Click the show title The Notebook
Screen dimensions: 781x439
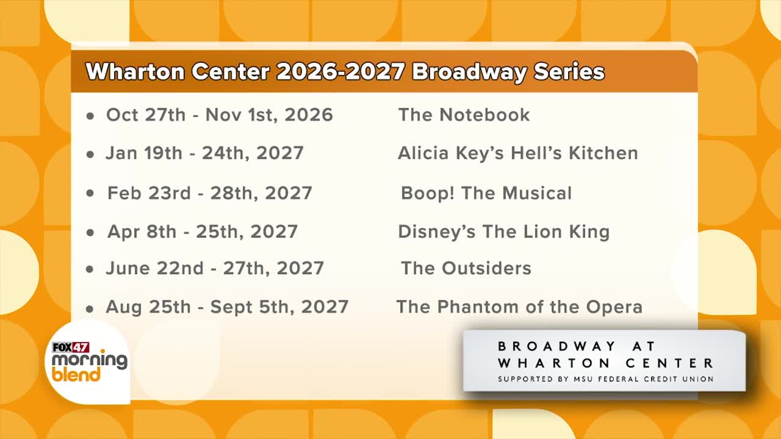tap(464, 115)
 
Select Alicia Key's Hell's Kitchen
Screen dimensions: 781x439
tap(518, 153)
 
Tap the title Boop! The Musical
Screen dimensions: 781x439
tap(486, 193)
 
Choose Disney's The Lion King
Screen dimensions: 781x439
tap(504, 232)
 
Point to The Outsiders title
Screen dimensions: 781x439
tap(466, 268)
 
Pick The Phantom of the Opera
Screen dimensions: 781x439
tap(519, 307)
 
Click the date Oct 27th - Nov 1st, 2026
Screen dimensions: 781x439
tap(220, 115)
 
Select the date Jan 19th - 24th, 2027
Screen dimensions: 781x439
tap(204, 153)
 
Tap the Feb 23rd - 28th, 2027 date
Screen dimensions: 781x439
tap(210, 193)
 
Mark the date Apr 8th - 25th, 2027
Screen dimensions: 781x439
tap(203, 232)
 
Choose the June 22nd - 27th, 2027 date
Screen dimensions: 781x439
tap(215, 268)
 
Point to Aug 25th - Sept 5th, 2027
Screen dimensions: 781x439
tap(227, 307)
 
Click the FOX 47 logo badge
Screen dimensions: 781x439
tap(71, 348)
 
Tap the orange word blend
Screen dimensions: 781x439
tap(76, 375)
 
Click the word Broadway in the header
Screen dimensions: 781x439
tap(468, 72)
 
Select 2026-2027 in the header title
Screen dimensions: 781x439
tap(340, 71)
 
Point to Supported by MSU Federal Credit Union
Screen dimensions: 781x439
tap(606, 379)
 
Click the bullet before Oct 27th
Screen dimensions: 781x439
tap(90, 116)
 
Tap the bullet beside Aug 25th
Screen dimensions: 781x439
tap(90, 309)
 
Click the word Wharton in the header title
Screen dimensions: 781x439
tap(135, 72)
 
